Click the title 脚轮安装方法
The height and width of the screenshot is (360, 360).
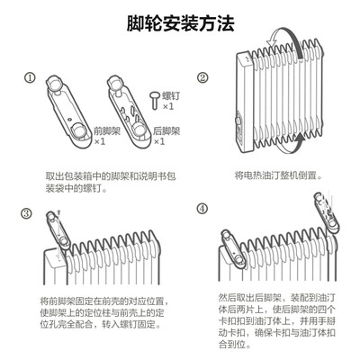coord(180,19)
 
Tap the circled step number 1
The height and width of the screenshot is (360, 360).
coord(30,77)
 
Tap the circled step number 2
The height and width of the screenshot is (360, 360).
coord(202,77)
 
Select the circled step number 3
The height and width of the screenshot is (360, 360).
coord(27,212)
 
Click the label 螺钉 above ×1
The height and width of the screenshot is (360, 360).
coord(167,94)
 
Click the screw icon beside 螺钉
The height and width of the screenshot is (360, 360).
coord(152,97)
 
